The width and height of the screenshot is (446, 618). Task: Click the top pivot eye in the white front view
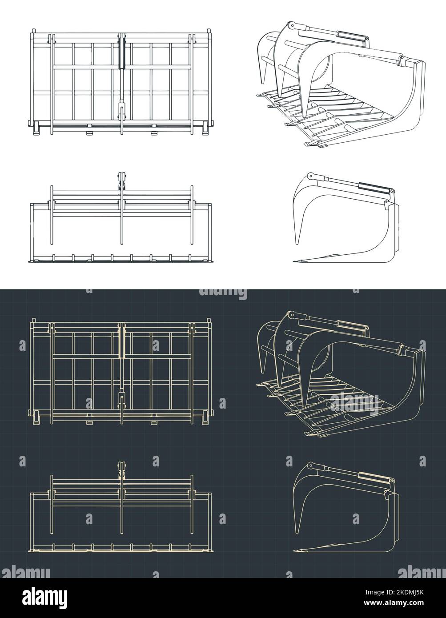tap(121, 177)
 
